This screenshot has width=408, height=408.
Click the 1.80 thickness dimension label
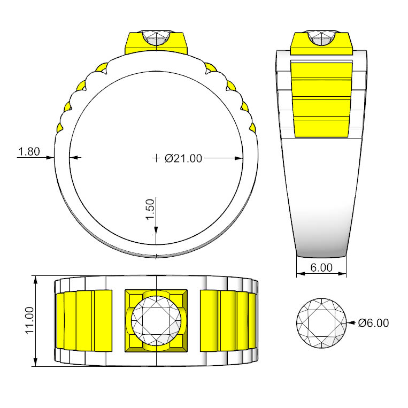[29, 151]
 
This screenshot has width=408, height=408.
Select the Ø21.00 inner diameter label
[183, 158]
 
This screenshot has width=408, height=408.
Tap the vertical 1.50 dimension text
[150, 210]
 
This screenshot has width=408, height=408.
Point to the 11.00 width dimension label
[29, 320]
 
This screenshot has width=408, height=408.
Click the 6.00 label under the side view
[321, 267]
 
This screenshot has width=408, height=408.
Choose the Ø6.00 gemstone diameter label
[373, 323]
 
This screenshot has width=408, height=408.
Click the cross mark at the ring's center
[156, 158]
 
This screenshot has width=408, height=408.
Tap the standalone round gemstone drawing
[321, 323]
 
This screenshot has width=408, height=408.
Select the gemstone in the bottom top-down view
[156, 321]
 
